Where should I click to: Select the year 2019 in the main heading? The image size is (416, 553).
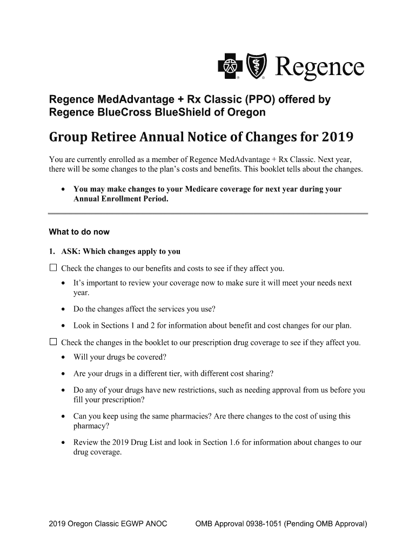pos(338,137)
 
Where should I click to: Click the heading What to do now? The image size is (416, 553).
pos(79,232)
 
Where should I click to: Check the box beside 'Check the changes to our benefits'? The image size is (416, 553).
pos(53,268)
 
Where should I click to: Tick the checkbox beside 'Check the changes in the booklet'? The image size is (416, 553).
pos(53,342)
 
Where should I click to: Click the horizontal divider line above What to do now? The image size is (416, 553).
pos(208,214)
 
